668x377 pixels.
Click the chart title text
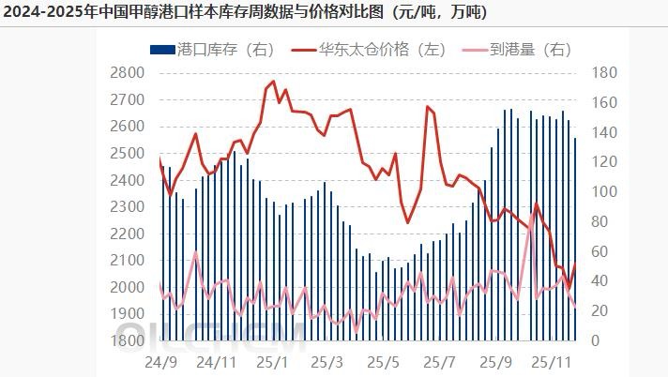(243, 13)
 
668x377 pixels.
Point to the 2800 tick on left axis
(127, 73)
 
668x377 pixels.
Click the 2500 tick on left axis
(127, 153)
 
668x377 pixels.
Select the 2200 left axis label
(127, 234)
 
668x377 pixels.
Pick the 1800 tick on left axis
(127, 340)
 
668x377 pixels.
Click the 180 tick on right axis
(604, 73)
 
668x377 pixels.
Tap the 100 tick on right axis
(604, 191)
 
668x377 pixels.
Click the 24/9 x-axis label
(161, 360)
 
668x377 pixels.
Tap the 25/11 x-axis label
(551, 360)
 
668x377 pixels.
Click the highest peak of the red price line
(273, 82)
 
